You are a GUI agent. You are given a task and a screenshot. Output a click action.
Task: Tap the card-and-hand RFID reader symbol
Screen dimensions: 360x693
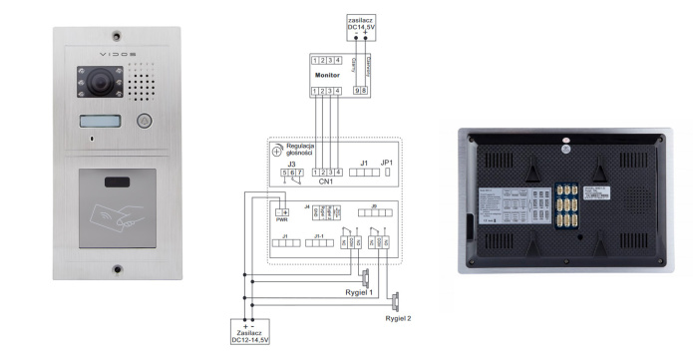[116, 210]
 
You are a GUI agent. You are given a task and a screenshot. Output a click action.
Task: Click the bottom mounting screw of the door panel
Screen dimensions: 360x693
[117, 268]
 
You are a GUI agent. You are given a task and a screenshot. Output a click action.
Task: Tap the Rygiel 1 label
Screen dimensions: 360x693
[359, 292]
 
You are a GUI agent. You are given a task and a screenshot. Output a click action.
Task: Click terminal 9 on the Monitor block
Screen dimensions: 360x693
[357, 91]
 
